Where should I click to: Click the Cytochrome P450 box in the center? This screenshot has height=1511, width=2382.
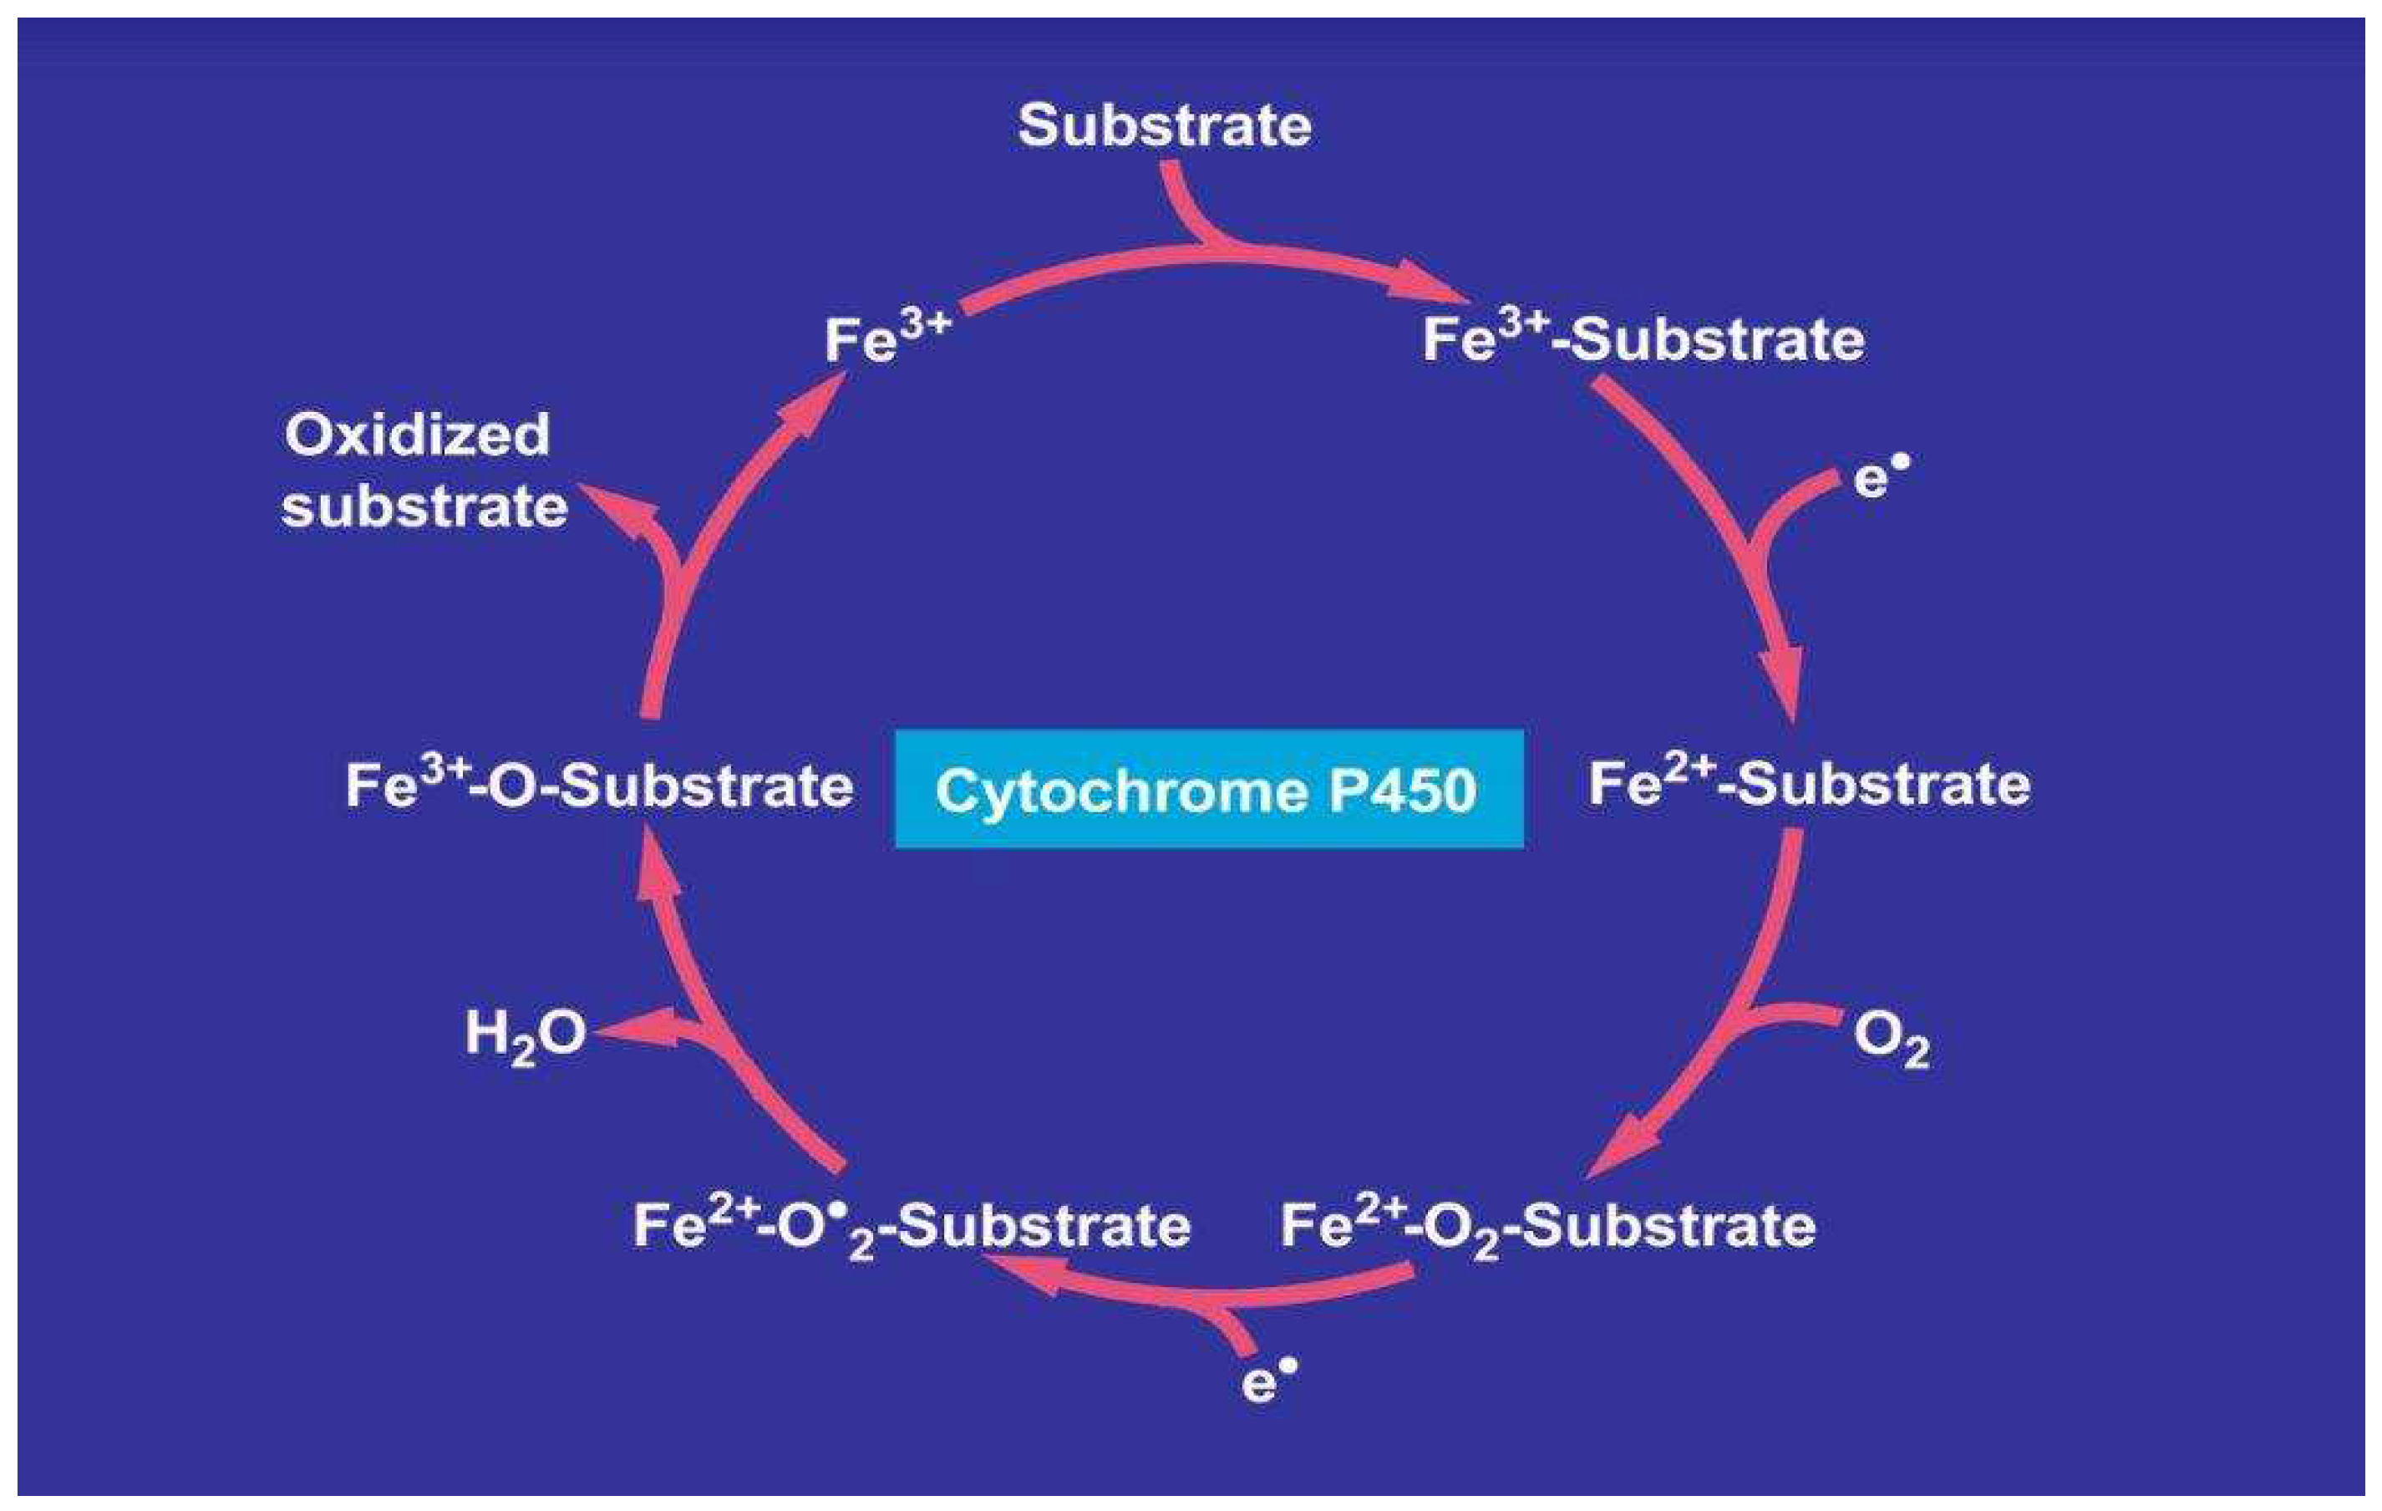[1208, 789]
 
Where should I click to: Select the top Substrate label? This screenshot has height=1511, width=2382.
[1165, 125]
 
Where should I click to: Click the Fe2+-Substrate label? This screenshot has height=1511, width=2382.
[1809, 784]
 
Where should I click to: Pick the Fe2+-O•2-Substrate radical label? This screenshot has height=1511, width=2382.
[911, 1227]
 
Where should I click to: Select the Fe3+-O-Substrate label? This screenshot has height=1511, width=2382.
[598, 786]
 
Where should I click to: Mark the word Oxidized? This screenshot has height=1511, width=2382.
[416, 435]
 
